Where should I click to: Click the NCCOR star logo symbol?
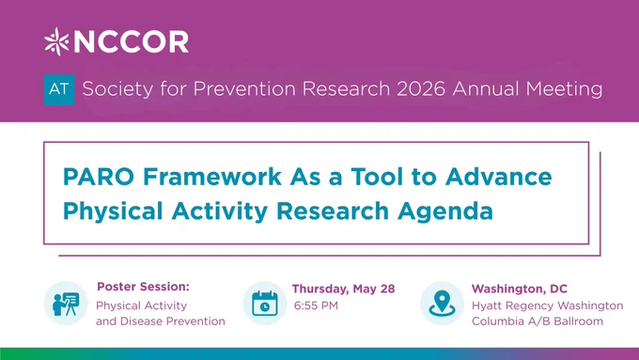pos(56,41)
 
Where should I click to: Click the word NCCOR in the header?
pos(131,42)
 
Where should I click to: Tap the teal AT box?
pos(59,89)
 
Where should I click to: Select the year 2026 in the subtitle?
pos(421,89)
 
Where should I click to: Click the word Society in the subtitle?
pos(117,89)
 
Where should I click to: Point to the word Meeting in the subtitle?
pos(564,89)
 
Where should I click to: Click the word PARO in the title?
pos(99,177)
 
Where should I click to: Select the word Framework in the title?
pos(212,177)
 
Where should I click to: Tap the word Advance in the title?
pos(498,177)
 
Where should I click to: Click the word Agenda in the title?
pos(445,211)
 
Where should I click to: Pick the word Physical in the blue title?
pos(113,211)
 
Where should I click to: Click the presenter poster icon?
pos(66,304)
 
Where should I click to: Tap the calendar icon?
pos(265,304)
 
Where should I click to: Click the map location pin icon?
pos(443,304)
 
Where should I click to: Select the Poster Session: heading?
pos(143,287)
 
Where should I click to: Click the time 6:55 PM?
pos(317,305)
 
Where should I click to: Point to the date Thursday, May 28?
pos(344,290)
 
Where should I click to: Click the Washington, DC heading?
pos(520,290)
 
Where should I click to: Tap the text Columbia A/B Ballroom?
pos(538,321)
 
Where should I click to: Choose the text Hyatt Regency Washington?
pos(547,305)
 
